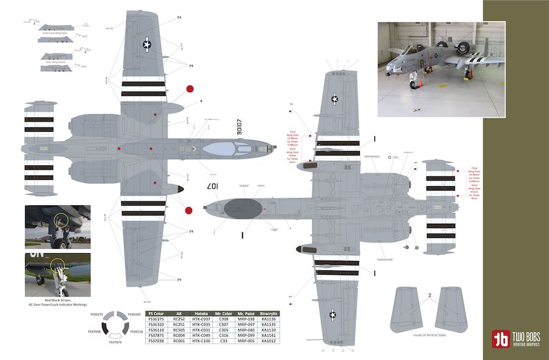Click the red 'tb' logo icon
501,339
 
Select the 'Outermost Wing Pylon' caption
56,34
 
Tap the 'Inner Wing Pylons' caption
56,62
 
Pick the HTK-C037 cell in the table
201,319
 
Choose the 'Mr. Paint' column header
245,312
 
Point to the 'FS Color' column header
156,312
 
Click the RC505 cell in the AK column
179,330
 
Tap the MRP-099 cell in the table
245,336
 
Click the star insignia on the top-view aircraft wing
147,43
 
